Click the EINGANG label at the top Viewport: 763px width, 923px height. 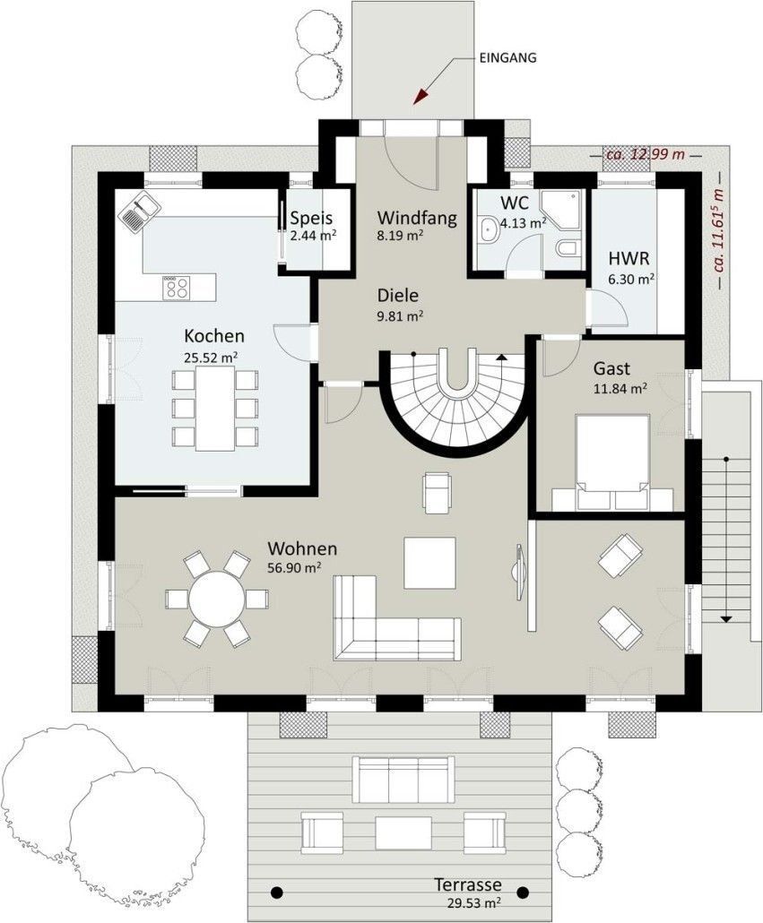click(x=508, y=57)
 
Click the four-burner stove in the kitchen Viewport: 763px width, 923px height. click(x=177, y=288)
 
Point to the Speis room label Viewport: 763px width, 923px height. click(x=311, y=218)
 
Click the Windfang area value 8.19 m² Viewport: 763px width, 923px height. click(x=401, y=236)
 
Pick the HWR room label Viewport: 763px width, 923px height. click(x=629, y=258)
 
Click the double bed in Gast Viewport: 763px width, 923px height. click(x=612, y=462)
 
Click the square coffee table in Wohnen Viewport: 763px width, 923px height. click(x=429, y=563)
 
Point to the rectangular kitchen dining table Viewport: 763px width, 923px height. click(x=215, y=408)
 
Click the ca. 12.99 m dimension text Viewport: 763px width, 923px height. click(x=645, y=155)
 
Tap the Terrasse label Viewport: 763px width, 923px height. click(x=468, y=884)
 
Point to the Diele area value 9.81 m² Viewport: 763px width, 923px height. click(x=401, y=316)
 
